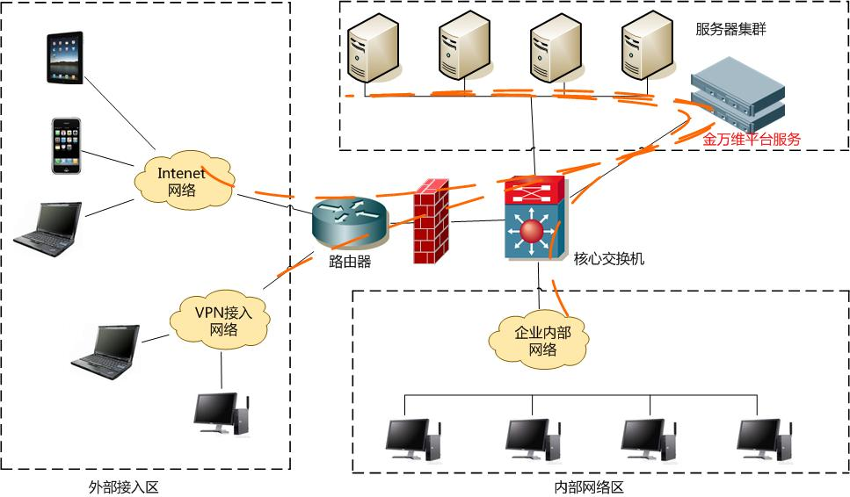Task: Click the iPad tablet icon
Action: [x=65, y=57]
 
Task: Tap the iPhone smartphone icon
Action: [x=66, y=146]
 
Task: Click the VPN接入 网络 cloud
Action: [x=220, y=321]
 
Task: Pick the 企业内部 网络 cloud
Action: [x=539, y=341]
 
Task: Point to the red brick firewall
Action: [x=432, y=221]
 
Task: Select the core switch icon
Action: [x=535, y=217]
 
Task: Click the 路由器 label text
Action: [x=350, y=262]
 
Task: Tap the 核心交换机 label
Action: [x=609, y=259]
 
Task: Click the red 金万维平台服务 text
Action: [x=752, y=140]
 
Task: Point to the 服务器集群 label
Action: [x=730, y=29]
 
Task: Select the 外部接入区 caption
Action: [x=124, y=487]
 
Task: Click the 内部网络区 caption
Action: [x=589, y=487]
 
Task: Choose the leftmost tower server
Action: [x=374, y=47]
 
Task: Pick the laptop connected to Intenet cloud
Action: [x=47, y=229]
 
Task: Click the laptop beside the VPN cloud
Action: [x=106, y=352]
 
